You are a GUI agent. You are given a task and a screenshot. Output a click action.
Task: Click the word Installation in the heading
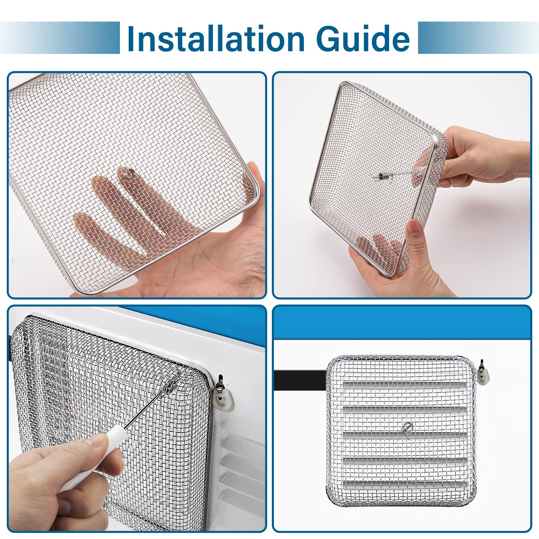click(216, 39)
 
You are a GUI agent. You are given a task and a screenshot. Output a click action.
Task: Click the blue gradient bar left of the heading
click(61, 38)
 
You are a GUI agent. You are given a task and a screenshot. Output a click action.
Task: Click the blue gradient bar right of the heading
click(478, 38)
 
